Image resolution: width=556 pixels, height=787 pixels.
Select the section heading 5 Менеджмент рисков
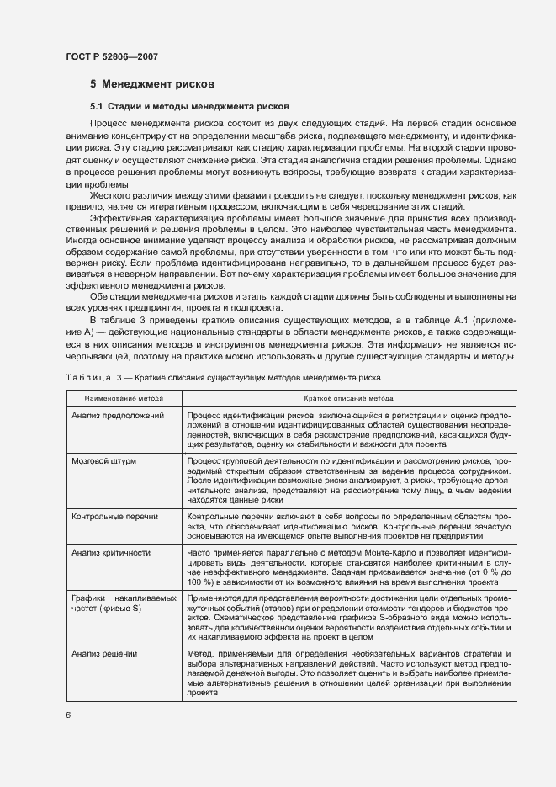152,84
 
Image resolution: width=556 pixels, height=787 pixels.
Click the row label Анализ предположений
117,416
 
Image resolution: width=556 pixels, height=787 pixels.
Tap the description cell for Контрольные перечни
347,524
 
